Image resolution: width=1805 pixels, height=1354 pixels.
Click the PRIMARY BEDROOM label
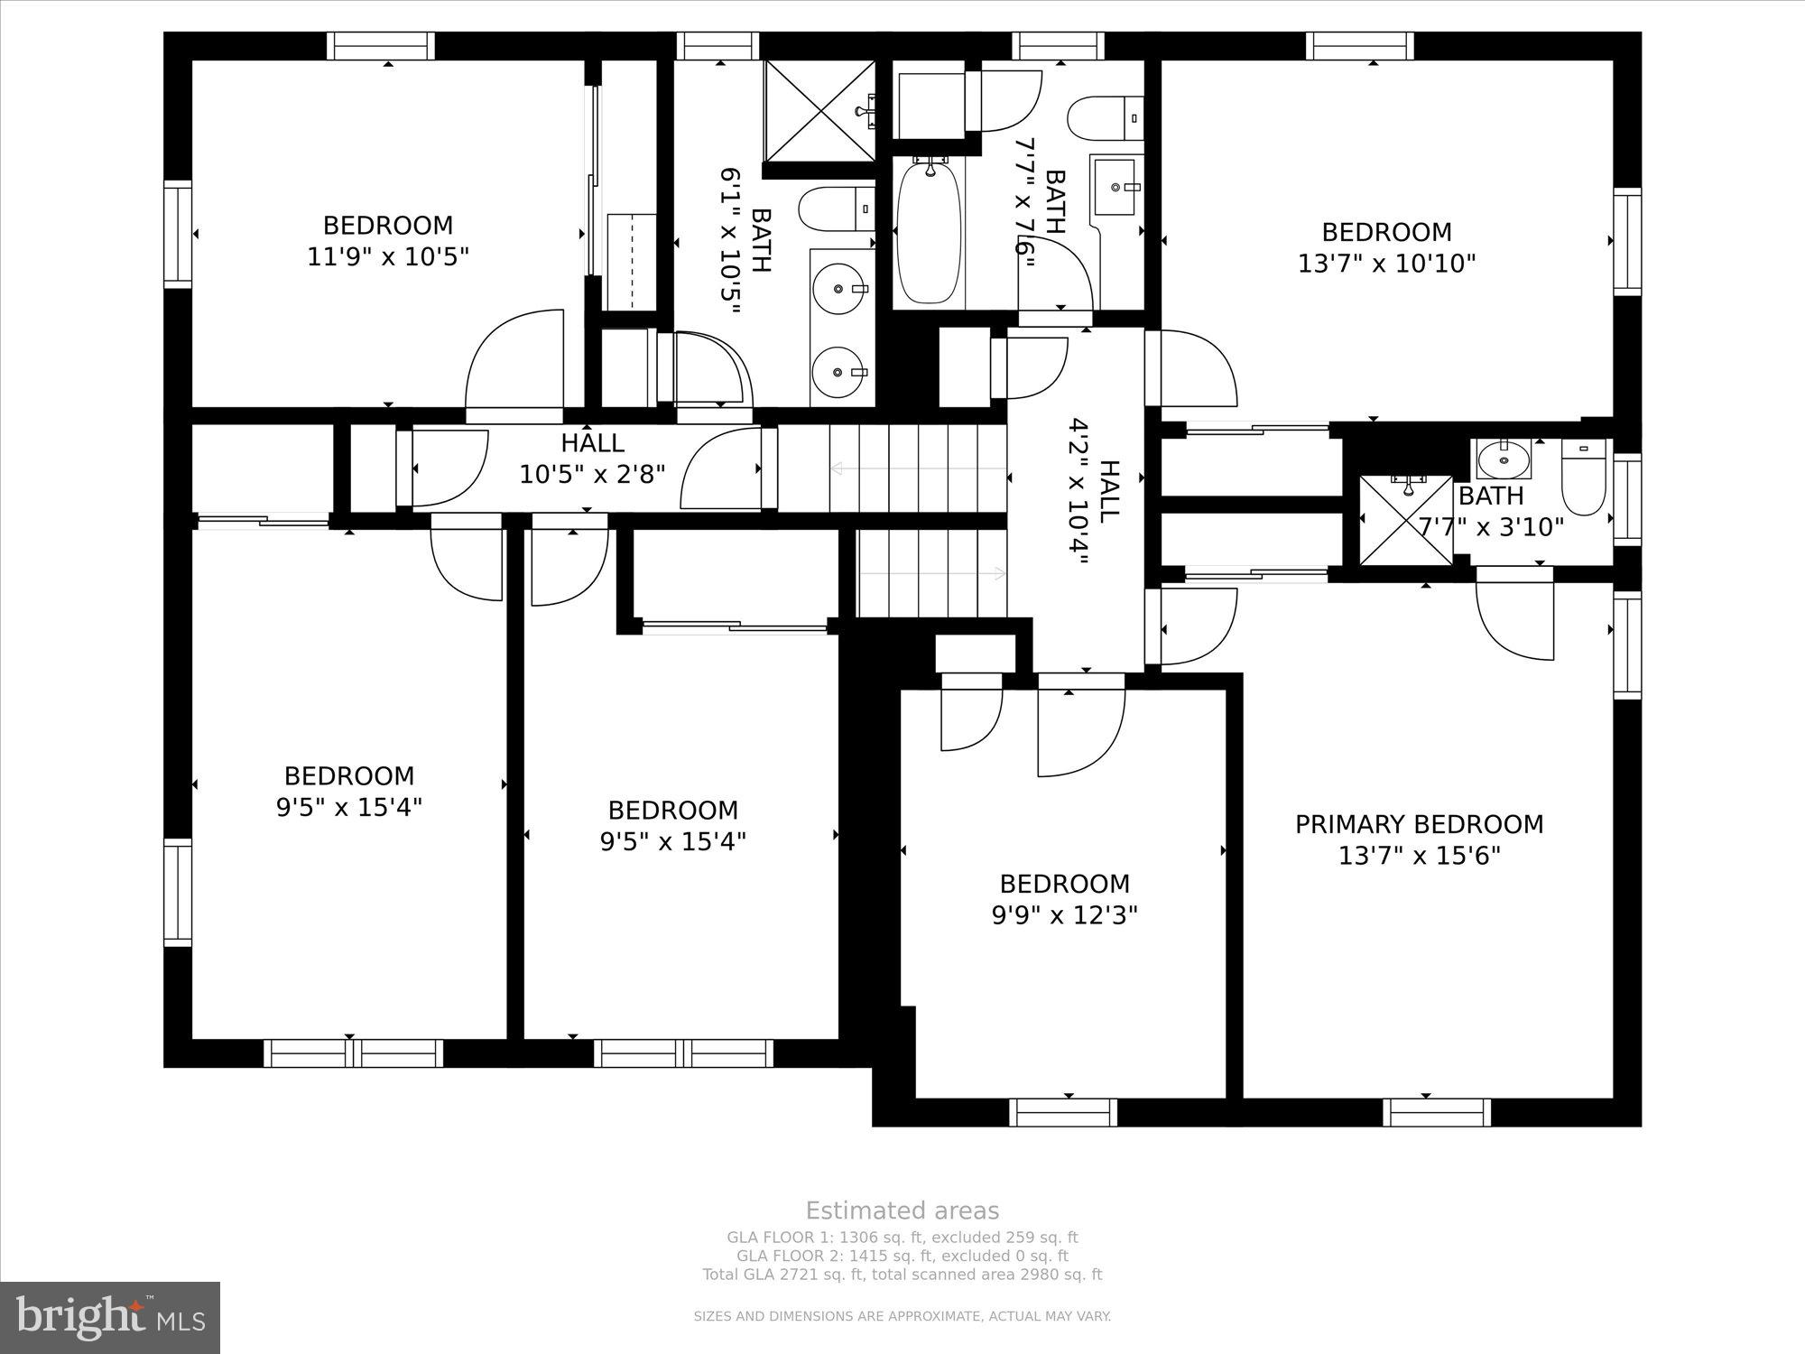[1419, 824]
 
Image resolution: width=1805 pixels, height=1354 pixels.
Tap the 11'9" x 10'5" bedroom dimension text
[388, 257]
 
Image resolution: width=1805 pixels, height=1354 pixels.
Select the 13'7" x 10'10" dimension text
[1386, 264]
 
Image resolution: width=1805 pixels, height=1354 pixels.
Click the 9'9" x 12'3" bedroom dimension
[1064, 915]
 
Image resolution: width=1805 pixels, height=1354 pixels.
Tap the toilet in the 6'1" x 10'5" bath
[836, 209]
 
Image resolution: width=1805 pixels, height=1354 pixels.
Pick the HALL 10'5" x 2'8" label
[592, 459]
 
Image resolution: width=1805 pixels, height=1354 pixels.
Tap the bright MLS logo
[110, 1318]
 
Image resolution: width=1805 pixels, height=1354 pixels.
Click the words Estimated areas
[902, 1211]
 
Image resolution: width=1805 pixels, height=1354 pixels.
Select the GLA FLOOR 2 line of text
[902, 1256]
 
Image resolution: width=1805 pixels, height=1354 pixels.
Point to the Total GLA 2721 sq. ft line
[902, 1275]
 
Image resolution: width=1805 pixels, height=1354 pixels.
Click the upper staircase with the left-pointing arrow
[892, 468]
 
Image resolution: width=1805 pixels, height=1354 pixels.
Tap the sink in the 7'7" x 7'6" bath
[1117, 186]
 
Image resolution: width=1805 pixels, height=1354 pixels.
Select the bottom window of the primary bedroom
[1436, 1112]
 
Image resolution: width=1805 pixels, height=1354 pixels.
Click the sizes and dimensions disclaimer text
[902, 1317]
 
